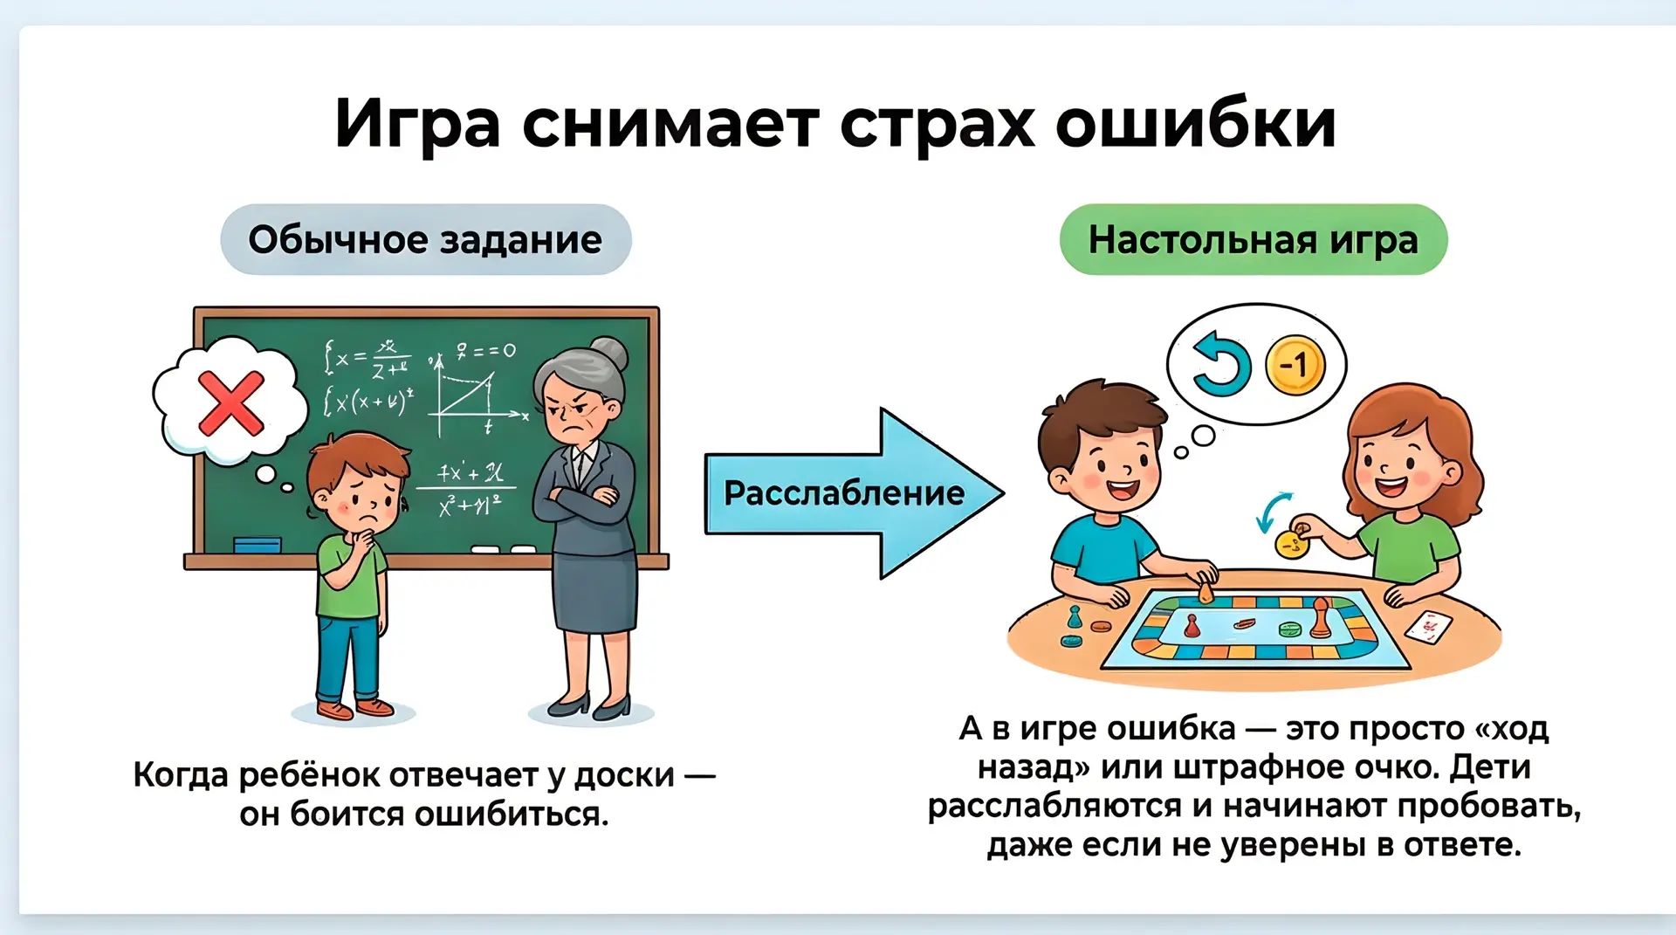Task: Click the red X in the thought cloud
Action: tap(231, 402)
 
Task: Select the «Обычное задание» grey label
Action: tap(426, 239)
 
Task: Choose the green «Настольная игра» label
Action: tap(1254, 239)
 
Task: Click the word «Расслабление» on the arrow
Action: tap(844, 493)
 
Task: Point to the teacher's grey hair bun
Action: tap(608, 354)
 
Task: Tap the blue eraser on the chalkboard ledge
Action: tap(258, 545)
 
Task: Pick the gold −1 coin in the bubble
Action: tap(1295, 364)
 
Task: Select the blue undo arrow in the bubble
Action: tap(1221, 364)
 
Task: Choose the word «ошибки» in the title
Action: tap(1197, 125)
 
